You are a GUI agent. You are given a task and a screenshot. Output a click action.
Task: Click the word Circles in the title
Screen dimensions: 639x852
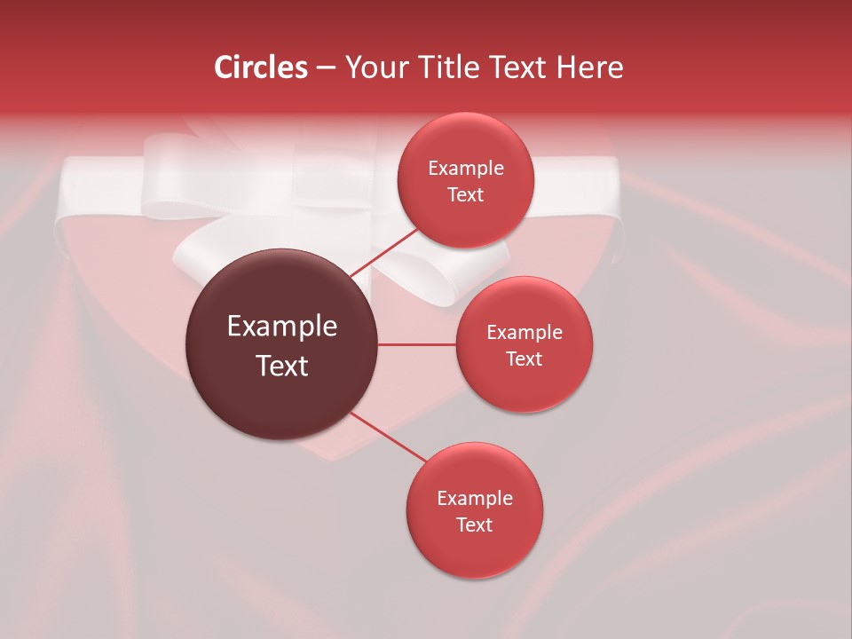[260, 67]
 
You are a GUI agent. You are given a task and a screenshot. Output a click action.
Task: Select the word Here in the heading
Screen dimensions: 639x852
[592, 67]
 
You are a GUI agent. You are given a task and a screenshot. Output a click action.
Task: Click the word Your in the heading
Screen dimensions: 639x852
[375, 67]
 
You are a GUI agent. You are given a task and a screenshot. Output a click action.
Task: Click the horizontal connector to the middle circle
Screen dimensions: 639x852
[417, 344]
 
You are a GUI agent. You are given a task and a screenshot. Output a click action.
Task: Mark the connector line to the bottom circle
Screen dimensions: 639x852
[388, 438]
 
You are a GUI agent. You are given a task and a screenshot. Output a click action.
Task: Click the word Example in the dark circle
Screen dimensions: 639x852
[281, 327]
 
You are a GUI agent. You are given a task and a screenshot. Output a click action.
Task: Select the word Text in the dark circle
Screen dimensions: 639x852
[281, 366]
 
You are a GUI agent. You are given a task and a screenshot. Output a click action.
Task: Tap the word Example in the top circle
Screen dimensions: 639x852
[465, 169]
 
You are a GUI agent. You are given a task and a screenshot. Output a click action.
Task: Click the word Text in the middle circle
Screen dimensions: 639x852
[524, 359]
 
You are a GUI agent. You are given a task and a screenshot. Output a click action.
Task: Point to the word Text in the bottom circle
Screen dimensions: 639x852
[474, 525]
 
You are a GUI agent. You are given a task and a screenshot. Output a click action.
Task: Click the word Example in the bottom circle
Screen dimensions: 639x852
[474, 499]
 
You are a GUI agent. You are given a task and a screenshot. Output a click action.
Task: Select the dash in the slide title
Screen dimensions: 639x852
[325, 67]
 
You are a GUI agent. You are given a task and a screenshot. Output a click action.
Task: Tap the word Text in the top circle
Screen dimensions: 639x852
[465, 195]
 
